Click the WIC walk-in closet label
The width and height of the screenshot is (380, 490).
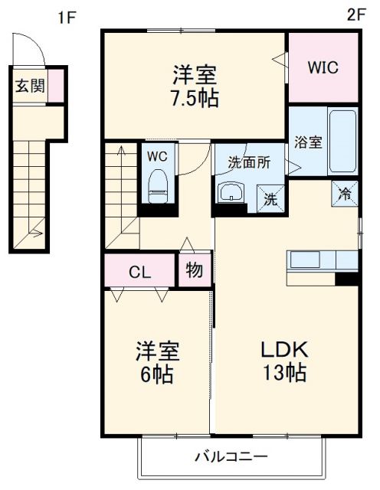pyautogui.click(x=323, y=67)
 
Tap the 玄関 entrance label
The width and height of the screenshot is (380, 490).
pyautogui.click(x=29, y=86)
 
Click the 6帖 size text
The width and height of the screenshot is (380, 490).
pyautogui.click(x=157, y=374)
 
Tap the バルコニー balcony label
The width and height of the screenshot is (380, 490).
pyautogui.click(x=231, y=457)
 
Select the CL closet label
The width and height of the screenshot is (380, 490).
pyautogui.click(x=139, y=272)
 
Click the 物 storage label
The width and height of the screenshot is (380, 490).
pyautogui.click(x=194, y=271)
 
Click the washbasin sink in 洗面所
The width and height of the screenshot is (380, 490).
pyautogui.click(x=230, y=193)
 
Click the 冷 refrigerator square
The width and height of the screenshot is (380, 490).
pyautogui.click(x=346, y=193)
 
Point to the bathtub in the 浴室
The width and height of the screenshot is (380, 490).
pyautogui.click(x=342, y=142)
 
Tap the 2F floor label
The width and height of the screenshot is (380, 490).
pyautogui.click(x=354, y=14)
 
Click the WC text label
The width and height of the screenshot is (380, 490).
pyautogui.click(x=157, y=155)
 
